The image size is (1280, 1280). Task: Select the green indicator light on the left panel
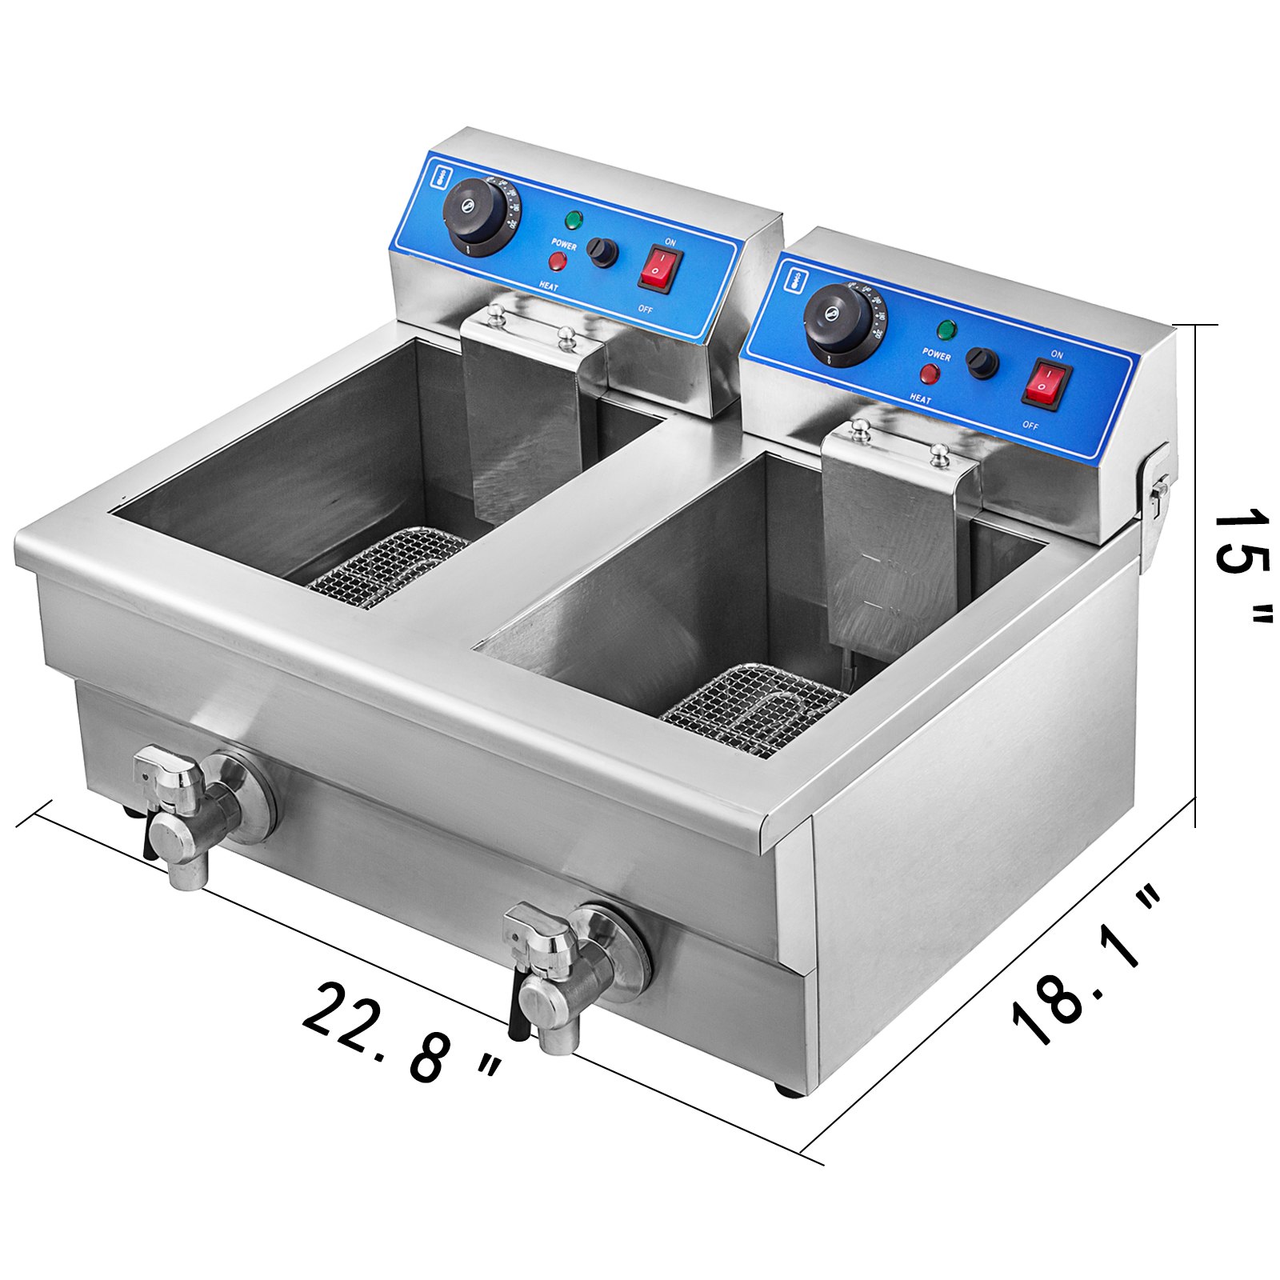pyautogui.click(x=574, y=219)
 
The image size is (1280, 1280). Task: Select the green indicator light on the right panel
pyautogui.click(x=947, y=329)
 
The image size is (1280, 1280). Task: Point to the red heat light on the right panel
pyautogui.click(x=930, y=373)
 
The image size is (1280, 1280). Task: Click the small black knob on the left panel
pyautogui.click(x=603, y=252)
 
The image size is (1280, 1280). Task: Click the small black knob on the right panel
pyautogui.click(x=982, y=362)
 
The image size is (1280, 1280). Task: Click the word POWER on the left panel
pyautogui.click(x=563, y=244)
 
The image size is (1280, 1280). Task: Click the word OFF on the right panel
pyautogui.click(x=1030, y=426)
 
